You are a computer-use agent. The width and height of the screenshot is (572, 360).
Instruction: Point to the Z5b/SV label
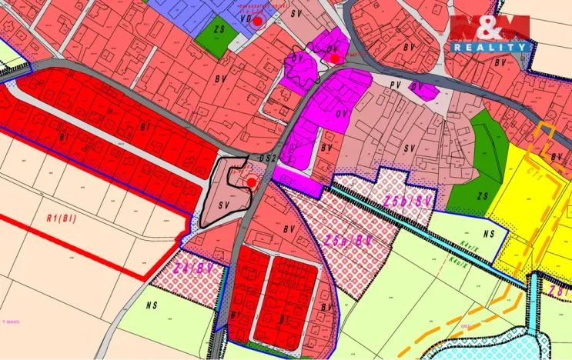coord(406,202)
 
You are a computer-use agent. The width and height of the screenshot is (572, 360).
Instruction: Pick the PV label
coord(396,85)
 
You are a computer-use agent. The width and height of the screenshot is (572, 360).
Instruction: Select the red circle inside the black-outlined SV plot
coord(251,182)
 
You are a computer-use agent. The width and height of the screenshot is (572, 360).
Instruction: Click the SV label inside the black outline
coord(225,205)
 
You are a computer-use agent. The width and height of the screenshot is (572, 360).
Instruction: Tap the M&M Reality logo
coord(491,34)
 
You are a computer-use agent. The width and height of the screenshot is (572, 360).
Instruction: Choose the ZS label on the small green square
coord(219,29)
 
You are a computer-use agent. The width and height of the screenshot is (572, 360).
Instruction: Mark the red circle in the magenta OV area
coord(335,57)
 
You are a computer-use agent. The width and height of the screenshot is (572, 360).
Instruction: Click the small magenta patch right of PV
coord(422,91)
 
